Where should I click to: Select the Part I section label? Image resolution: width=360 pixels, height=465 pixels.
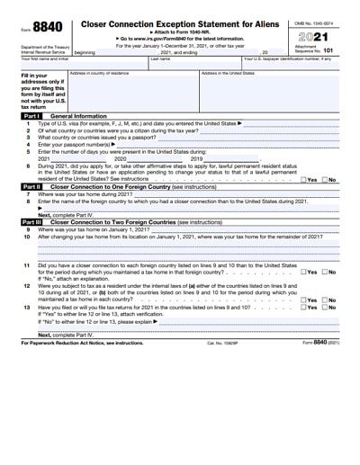tap(31, 117)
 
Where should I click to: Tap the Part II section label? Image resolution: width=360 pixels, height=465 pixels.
tap(31, 186)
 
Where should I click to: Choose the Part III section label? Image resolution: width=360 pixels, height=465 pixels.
tap(31, 221)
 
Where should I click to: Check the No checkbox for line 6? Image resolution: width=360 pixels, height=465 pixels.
tap(325, 180)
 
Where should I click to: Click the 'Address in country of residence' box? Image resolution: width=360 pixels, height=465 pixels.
tap(133, 90)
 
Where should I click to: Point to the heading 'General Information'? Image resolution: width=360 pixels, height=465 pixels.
tap(79, 117)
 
